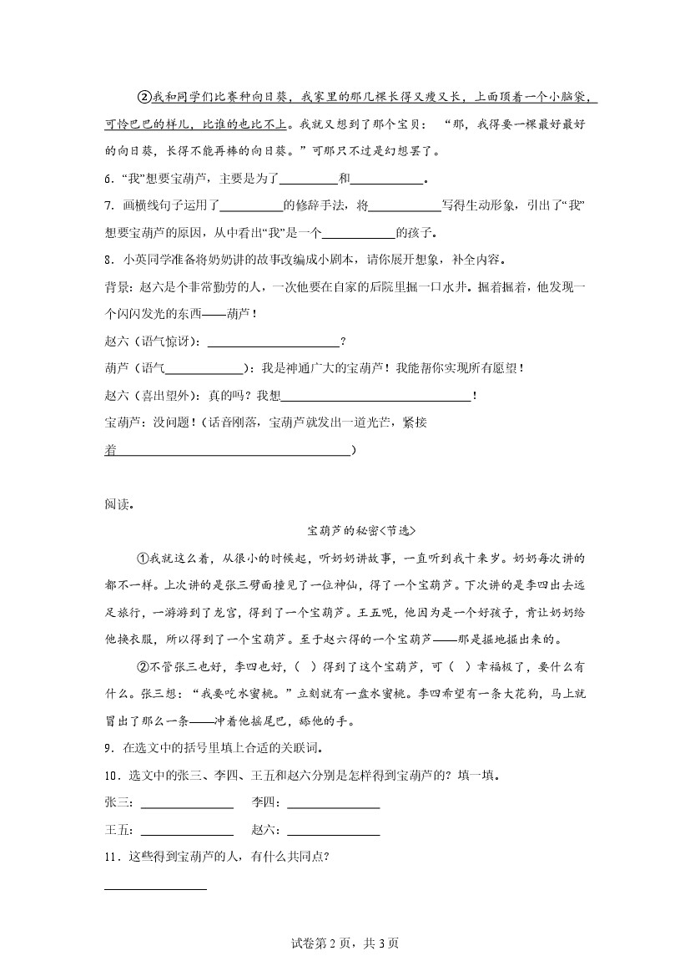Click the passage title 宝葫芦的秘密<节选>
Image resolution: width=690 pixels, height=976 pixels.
coord(360,531)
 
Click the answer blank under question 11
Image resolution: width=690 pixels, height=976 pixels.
coord(156,887)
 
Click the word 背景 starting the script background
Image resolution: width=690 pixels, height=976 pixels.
coord(117,286)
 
